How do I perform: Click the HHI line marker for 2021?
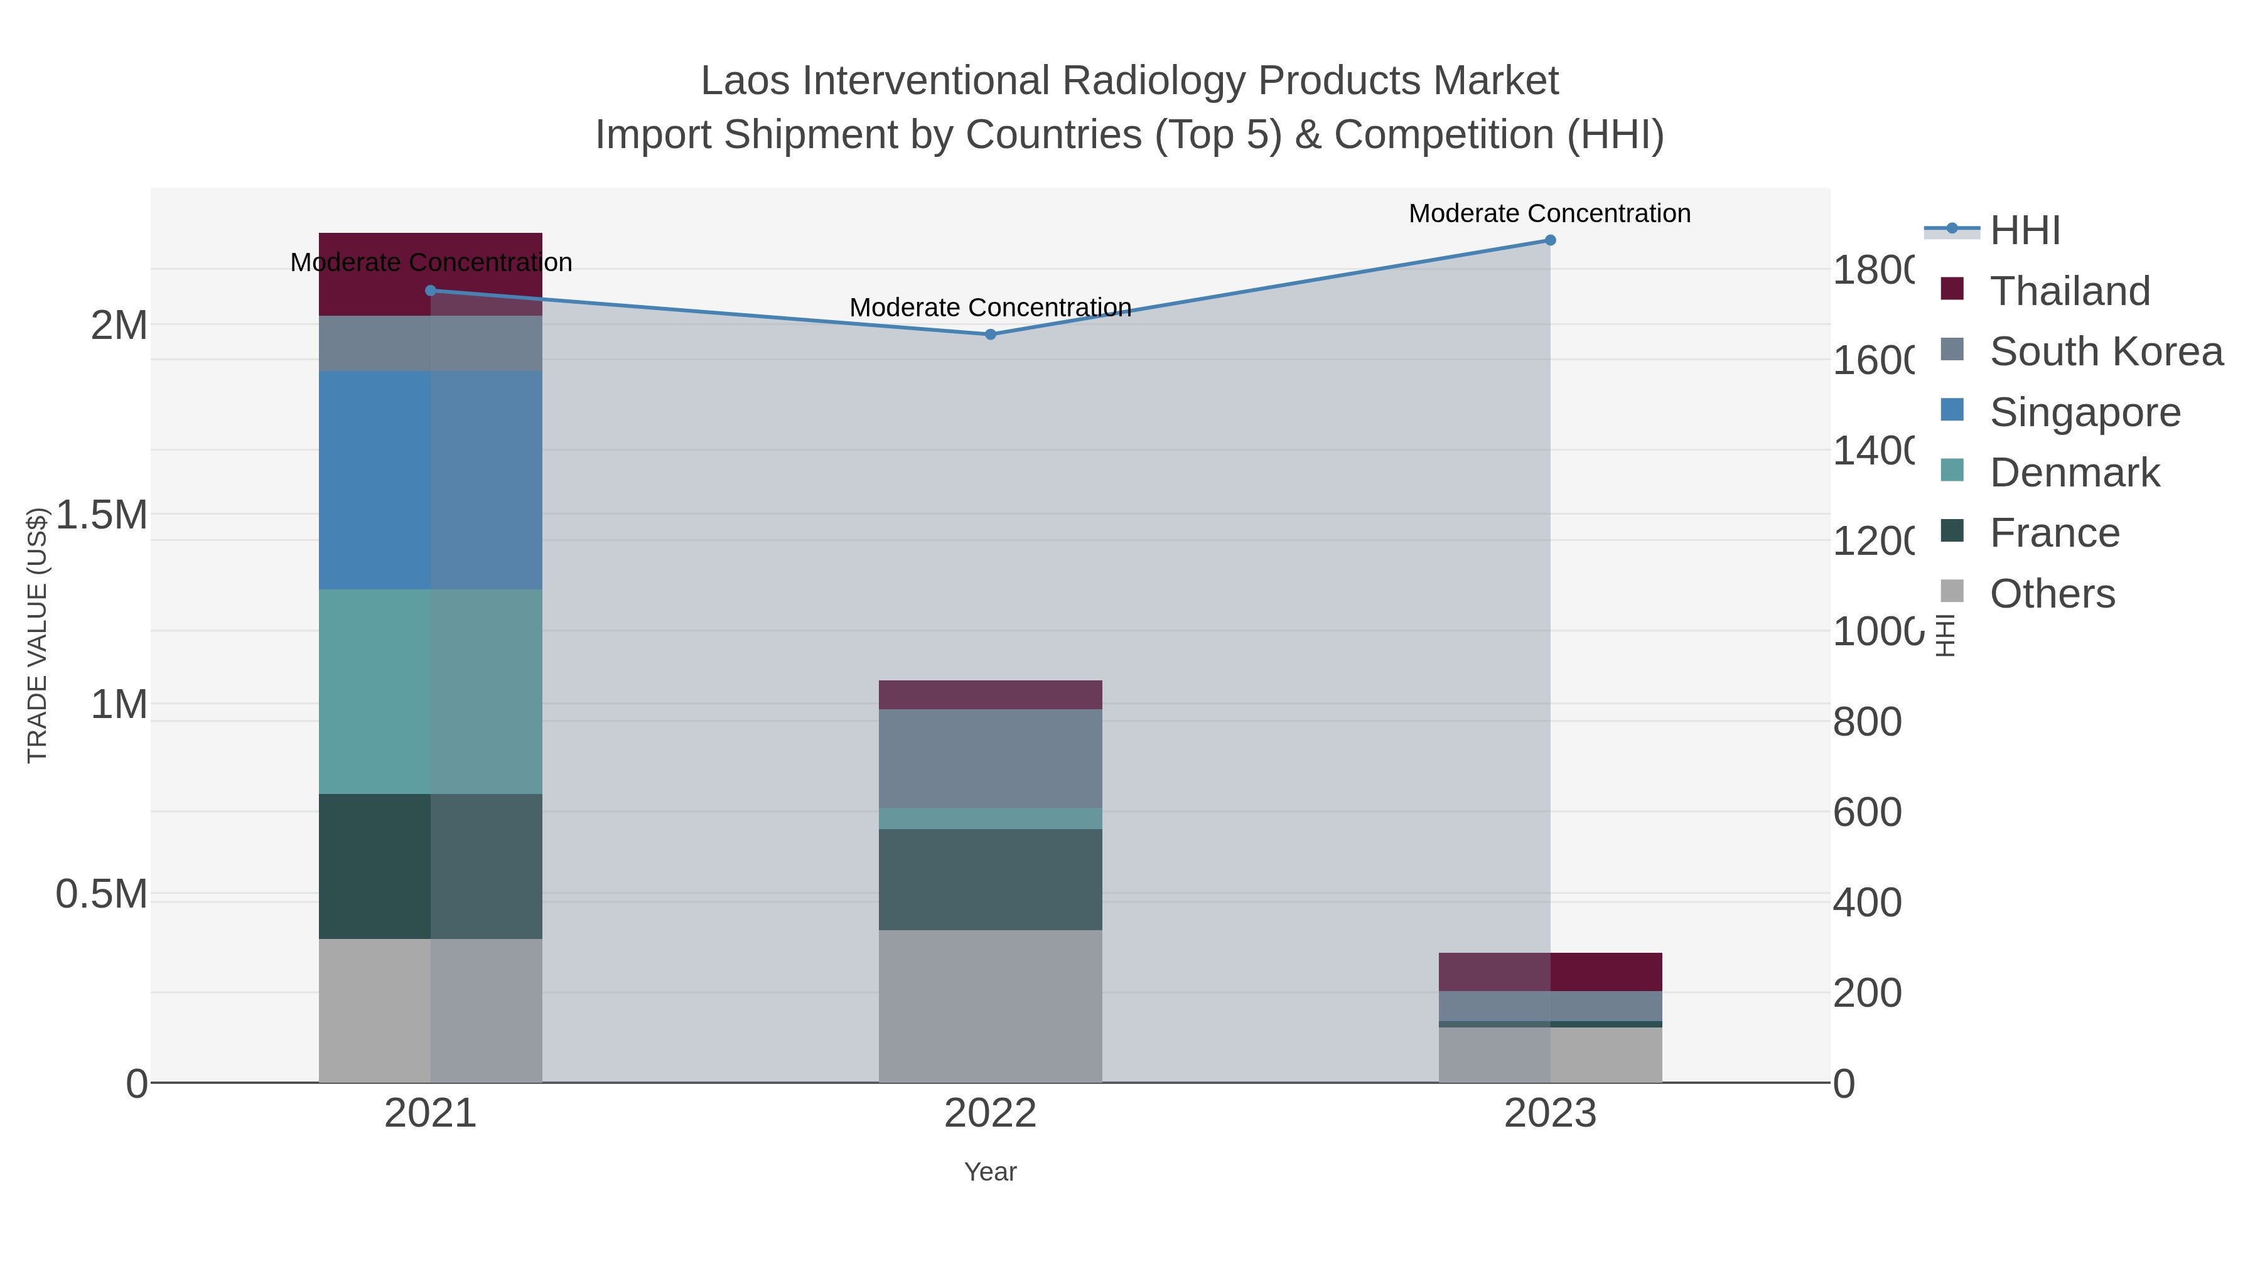pyautogui.click(x=430, y=291)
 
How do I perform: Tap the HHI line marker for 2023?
pyautogui.click(x=1549, y=240)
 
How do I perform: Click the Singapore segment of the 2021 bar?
pyautogui.click(x=430, y=480)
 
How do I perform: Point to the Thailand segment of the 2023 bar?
pyautogui.click(x=1549, y=972)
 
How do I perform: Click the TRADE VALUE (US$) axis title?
pyautogui.click(x=37, y=635)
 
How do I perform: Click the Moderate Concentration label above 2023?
pyautogui.click(x=1549, y=213)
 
